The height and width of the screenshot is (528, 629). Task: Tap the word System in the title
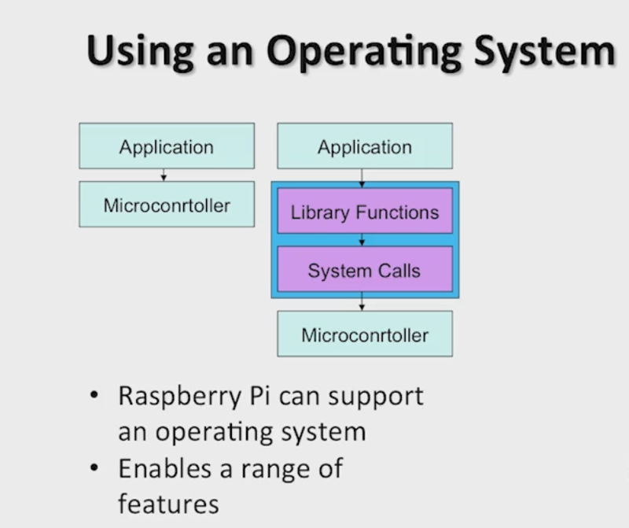[x=544, y=52]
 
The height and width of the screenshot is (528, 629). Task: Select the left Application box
[x=167, y=146]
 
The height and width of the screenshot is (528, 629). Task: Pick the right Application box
[x=365, y=146]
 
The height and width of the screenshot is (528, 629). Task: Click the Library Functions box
[x=365, y=211]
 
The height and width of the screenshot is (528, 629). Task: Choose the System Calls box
[x=365, y=269]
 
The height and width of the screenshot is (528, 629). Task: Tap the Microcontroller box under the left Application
[x=167, y=204]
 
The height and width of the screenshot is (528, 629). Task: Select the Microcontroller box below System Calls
[x=365, y=334]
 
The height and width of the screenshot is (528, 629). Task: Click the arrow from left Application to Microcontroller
[x=164, y=175]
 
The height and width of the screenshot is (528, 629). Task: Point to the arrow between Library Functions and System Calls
[x=362, y=240]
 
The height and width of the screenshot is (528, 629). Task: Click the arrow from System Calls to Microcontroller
[x=362, y=301]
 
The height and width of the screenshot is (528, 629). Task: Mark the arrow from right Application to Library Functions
[x=362, y=179]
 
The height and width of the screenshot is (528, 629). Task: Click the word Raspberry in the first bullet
[x=180, y=397]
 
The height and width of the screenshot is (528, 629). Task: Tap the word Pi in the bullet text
[x=259, y=396]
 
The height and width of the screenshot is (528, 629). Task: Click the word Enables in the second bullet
[x=164, y=468]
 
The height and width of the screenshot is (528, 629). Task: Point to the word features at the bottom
[x=168, y=504]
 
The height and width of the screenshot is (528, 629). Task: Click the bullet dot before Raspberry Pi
[x=94, y=395]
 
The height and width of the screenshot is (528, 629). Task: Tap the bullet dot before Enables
[x=94, y=467]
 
